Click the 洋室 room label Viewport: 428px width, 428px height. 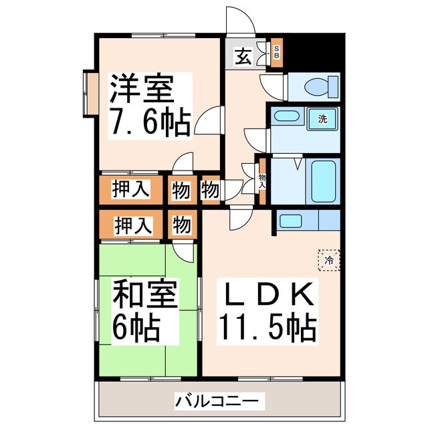[x=142, y=88]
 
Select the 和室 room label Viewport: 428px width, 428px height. [x=135, y=294]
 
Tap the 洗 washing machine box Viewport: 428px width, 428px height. [x=322, y=120]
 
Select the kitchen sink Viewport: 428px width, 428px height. [x=290, y=221]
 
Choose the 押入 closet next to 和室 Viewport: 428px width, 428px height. [x=130, y=224]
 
